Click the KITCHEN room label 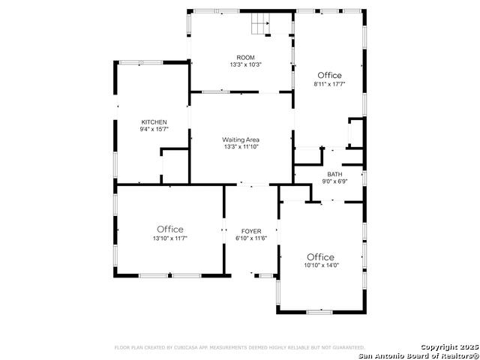point(154,122)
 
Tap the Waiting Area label point(240,139)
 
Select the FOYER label point(250,230)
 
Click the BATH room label point(334,174)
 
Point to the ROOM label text point(245,58)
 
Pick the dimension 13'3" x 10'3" point(245,65)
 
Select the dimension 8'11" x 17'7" point(329,84)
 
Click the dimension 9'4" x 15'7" point(154,130)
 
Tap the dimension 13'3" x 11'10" point(240,147)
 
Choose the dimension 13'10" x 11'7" point(170,238)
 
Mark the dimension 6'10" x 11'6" point(250,238)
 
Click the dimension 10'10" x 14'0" point(320,265)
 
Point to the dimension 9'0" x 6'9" point(334,181)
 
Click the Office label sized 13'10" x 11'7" point(170,229)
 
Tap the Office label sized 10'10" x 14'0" point(320,256)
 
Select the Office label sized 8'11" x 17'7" point(329,75)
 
